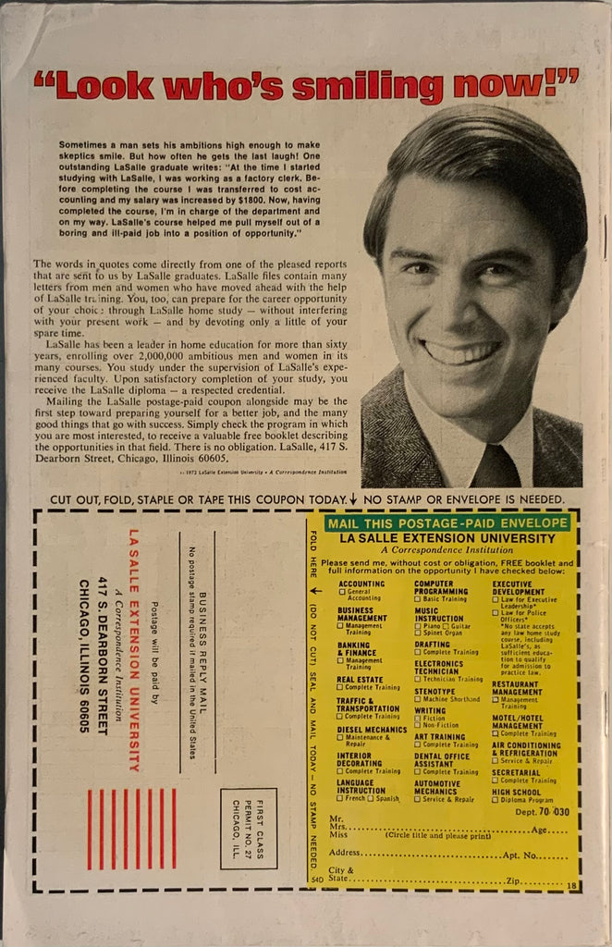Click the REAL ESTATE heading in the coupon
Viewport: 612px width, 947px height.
pyautogui.click(x=360, y=679)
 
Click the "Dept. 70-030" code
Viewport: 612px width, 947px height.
pyautogui.click(x=544, y=811)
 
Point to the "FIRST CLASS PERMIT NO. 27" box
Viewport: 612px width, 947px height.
pyautogui.click(x=248, y=828)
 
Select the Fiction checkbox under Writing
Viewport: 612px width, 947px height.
pyautogui.click(x=418, y=718)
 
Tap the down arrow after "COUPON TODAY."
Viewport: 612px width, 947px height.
pyautogui.click(x=353, y=498)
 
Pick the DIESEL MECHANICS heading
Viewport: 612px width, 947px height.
pyautogui.click(x=372, y=729)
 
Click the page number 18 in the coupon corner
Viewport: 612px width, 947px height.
pyautogui.click(x=571, y=885)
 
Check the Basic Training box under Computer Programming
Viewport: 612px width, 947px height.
pyautogui.click(x=418, y=599)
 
